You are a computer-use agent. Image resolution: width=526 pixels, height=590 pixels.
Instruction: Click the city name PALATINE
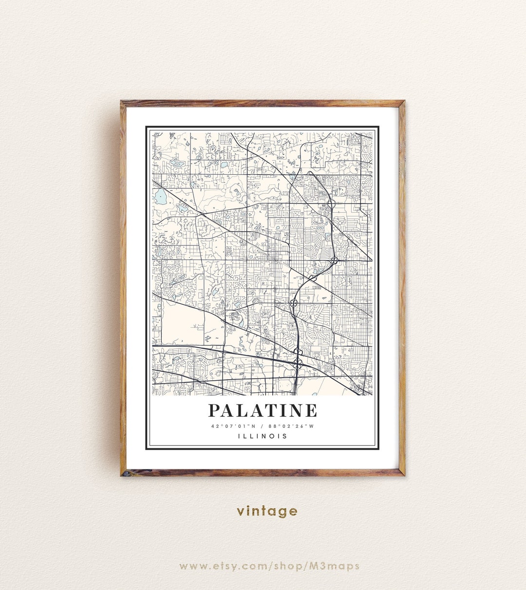click(x=263, y=410)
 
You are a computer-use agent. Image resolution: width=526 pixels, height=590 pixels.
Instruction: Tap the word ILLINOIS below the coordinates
click(x=263, y=436)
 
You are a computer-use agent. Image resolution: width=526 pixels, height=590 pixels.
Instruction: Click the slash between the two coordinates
click(x=263, y=426)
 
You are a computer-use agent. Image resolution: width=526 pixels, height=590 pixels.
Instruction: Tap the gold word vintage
click(x=267, y=511)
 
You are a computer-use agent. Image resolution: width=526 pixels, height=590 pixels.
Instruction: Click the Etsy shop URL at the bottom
click(x=269, y=566)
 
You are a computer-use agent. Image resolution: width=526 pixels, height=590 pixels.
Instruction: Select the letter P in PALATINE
click(x=214, y=410)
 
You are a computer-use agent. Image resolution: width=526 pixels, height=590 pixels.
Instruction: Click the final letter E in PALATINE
click(x=311, y=410)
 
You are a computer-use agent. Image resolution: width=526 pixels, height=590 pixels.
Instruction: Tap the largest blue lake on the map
click(x=160, y=197)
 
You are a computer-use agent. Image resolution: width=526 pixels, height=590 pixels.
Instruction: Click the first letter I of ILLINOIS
click(x=239, y=436)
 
